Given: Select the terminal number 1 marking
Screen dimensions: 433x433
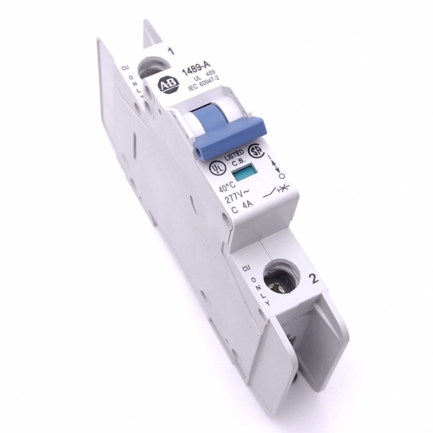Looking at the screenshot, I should pos(171,52).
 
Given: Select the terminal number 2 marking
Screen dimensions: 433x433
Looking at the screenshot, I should pos(314,279).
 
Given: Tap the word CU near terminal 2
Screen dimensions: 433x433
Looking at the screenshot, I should pos(247,269).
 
